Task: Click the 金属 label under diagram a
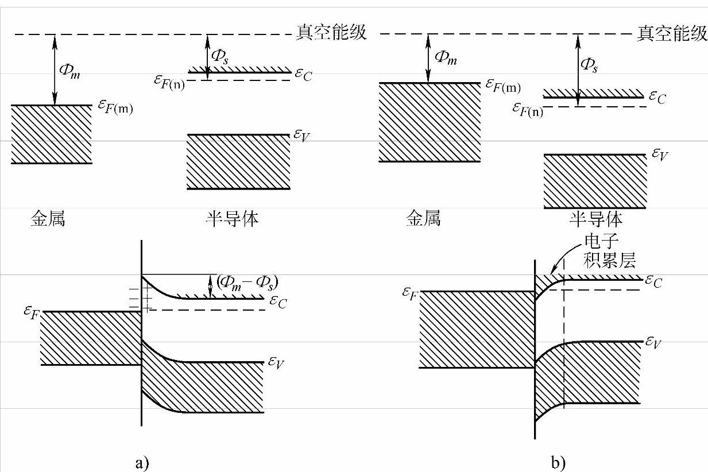(48, 219)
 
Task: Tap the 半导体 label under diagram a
(231, 219)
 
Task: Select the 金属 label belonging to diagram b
(423, 219)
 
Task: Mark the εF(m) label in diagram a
(114, 107)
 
